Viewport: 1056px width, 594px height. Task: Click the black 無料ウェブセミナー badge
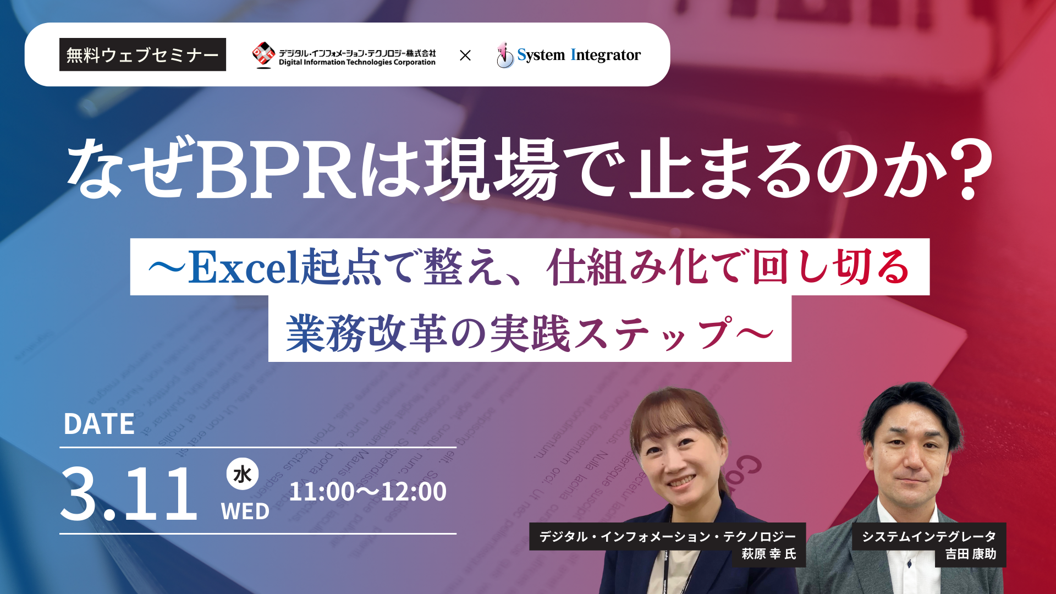(142, 54)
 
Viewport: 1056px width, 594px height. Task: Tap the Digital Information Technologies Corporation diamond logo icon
(263, 54)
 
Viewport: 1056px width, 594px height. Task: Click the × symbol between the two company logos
(465, 55)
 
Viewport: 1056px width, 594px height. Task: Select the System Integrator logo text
(579, 55)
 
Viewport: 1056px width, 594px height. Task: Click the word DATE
(99, 424)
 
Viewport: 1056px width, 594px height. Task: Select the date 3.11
(129, 493)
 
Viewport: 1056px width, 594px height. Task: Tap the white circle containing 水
(243, 474)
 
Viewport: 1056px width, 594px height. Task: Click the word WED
(245, 512)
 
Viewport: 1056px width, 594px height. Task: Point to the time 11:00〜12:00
(367, 491)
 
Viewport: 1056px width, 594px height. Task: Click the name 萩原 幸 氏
(768, 554)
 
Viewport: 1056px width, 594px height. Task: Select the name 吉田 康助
(971, 554)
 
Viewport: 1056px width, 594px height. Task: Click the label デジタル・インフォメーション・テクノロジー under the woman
(667, 536)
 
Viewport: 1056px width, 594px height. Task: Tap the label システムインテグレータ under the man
(928, 536)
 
